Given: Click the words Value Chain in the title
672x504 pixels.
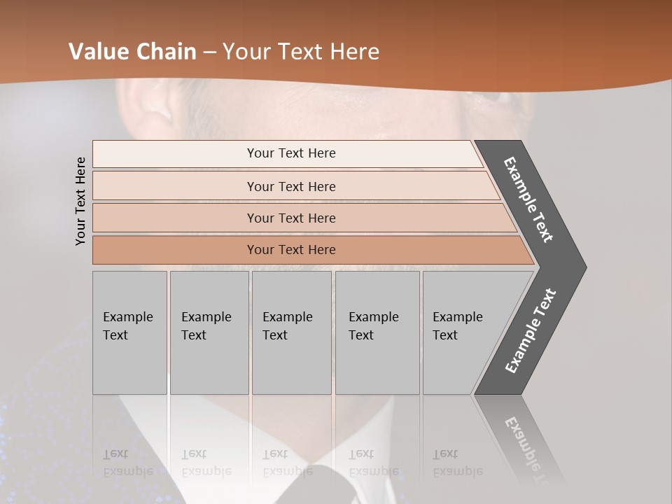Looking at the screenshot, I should pos(132,52).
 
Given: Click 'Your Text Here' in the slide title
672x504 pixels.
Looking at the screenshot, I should pos(301,52).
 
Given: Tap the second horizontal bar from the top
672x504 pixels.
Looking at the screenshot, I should pos(291,186).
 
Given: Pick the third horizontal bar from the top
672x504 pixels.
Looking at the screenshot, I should pos(291,218).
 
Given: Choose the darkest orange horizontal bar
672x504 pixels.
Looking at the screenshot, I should pos(291,250).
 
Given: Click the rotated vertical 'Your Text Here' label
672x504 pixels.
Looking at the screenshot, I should pos(80,201).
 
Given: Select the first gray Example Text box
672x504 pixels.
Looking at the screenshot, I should pos(129,332).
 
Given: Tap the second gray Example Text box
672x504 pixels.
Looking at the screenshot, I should pos(209,332).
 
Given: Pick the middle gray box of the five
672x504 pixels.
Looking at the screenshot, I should pos(291,332).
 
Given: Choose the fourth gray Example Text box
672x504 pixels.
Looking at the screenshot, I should pos(377,332).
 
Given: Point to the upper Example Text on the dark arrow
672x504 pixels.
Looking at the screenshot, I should pos(529,199).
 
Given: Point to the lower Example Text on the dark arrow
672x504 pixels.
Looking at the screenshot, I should pos(531,330).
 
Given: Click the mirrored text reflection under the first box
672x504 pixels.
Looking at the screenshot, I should pos(128,463).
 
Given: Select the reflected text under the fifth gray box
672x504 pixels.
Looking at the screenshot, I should pos(458,463).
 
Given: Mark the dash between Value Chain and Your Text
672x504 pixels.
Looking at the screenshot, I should pos(209,52).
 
